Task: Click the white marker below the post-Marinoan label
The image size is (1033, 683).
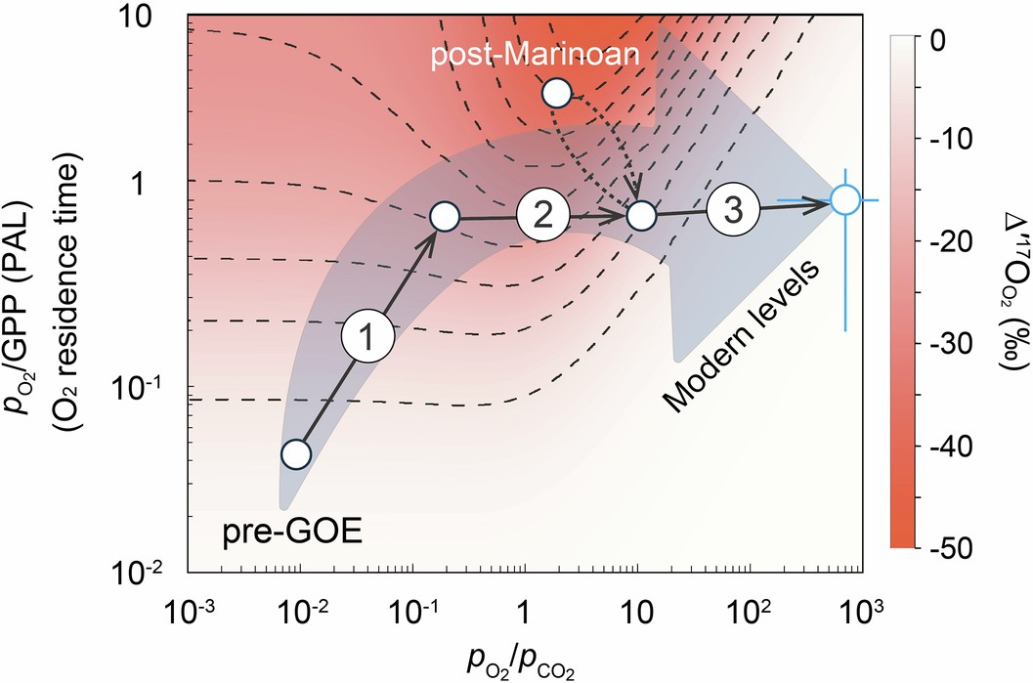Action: coord(556,93)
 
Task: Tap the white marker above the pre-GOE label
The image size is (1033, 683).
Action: coord(296,454)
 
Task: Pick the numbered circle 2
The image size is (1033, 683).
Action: coord(542,215)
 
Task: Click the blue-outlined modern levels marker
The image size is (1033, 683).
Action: coord(845,200)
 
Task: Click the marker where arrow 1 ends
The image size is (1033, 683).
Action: coord(444,217)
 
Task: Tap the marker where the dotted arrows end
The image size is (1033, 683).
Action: coord(640,216)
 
